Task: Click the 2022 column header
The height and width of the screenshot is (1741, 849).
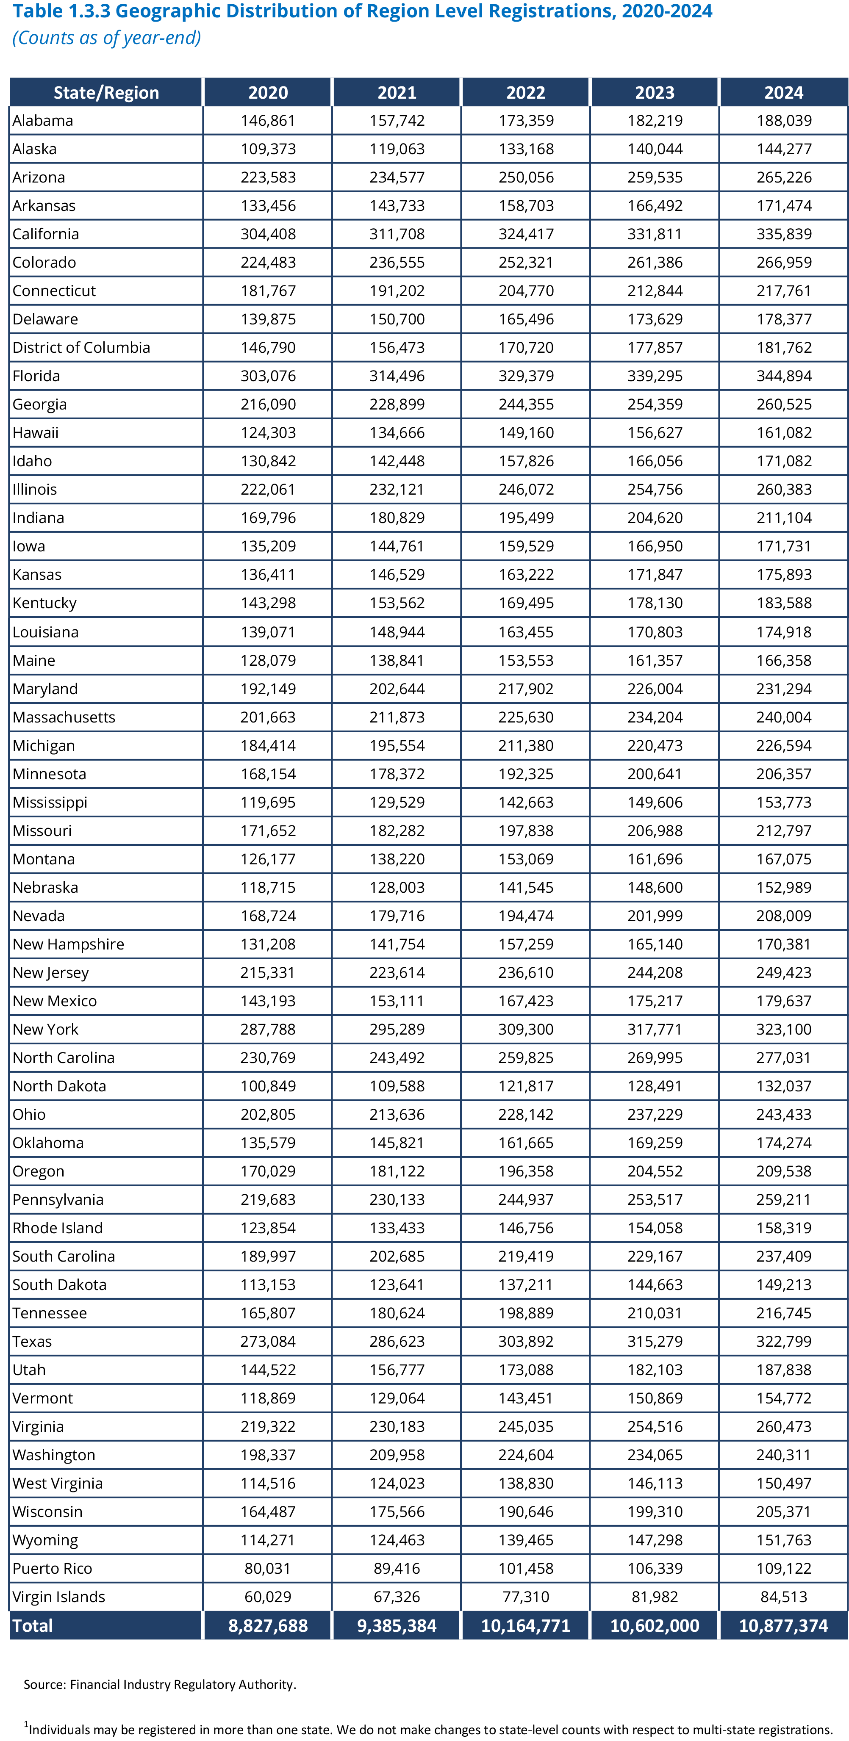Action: [x=525, y=93]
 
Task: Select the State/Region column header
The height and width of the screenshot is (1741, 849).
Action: [x=106, y=93]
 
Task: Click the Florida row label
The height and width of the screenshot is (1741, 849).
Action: [x=36, y=376]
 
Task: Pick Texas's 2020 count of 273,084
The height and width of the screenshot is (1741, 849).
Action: [x=268, y=1341]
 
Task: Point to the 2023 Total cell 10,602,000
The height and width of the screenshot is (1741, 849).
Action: [x=654, y=1625]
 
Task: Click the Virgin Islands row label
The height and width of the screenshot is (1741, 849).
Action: [x=59, y=1596]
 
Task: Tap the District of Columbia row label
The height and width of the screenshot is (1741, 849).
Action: [x=81, y=347]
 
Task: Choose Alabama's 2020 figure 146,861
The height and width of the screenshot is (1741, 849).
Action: [x=268, y=120]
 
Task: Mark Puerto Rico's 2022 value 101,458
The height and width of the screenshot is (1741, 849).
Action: [x=525, y=1568]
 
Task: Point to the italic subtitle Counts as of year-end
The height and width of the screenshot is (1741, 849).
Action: [x=107, y=38]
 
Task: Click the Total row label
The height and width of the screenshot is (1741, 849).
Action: [x=33, y=1625]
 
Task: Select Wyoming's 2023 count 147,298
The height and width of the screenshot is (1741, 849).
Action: [x=654, y=1539]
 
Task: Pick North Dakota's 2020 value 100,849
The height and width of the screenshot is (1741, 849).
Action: [x=268, y=1085]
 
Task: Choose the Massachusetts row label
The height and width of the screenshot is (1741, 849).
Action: [x=64, y=717]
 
